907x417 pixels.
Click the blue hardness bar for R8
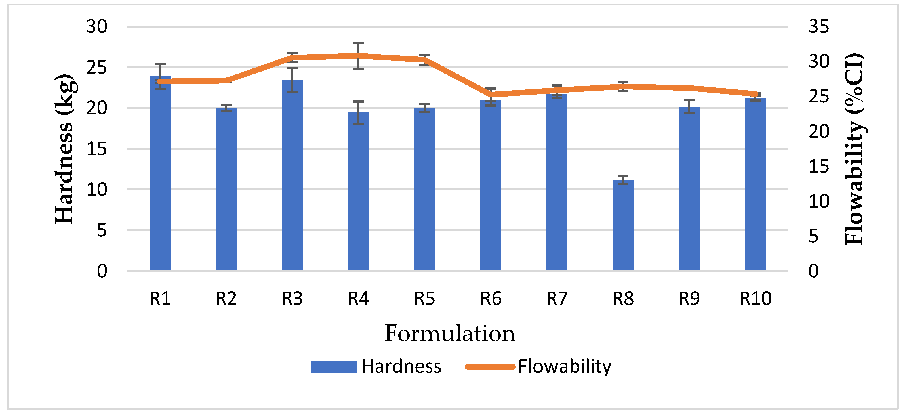pos(622,225)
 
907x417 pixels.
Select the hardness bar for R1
pos(160,176)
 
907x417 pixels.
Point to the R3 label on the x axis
pos(292,299)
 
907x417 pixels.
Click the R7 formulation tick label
pos(557,299)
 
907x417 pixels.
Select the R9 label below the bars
pos(689,299)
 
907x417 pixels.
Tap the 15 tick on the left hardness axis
pos(96,149)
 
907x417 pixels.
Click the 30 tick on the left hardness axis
pos(96,26)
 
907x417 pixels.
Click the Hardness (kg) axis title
pos(64,149)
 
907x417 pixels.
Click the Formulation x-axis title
pos(450,333)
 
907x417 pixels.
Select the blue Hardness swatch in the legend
pos(333,367)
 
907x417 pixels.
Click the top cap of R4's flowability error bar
pos(358,43)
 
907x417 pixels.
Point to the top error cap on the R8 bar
pos(622,175)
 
